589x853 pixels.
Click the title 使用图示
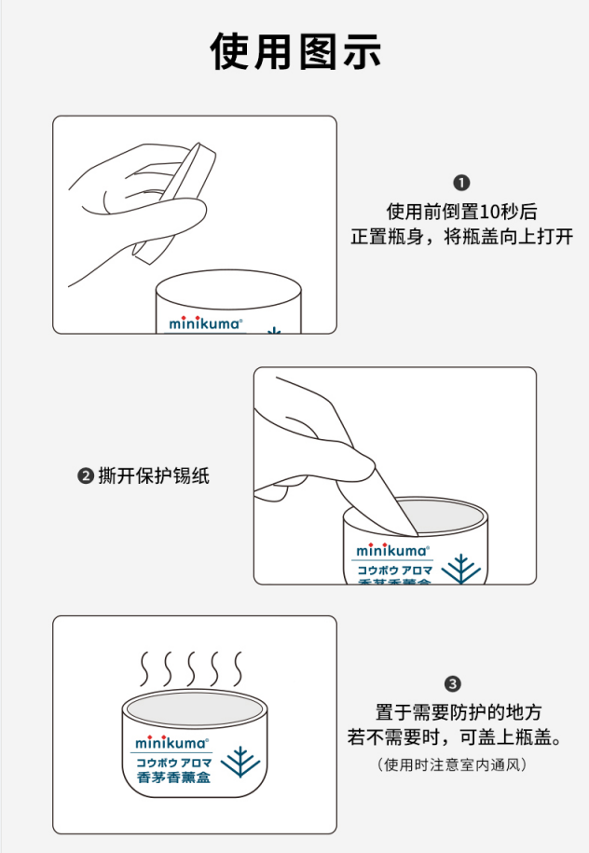(295, 51)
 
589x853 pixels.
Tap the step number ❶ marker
(461, 183)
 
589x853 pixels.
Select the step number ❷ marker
(86, 476)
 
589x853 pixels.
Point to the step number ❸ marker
(453, 684)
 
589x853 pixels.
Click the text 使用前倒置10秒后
(461, 211)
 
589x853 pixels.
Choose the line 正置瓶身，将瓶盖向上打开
(461, 237)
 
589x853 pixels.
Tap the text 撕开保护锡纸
(154, 476)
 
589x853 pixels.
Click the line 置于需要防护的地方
(459, 712)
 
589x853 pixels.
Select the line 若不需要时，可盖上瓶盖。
(456, 737)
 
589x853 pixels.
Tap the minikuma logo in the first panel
(205, 323)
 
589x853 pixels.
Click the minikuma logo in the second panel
(392, 550)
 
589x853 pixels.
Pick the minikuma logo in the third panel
(171, 742)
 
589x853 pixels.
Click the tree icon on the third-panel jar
(240, 763)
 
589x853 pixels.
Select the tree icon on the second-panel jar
(461, 569)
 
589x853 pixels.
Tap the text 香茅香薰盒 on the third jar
(173, 777)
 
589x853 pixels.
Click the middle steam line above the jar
(191, 668)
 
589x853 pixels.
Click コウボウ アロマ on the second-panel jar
(395, 571)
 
